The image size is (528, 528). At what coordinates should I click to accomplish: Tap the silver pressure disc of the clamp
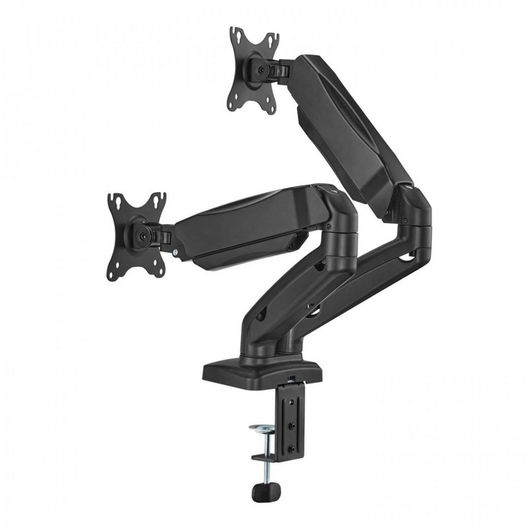(263, 430)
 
